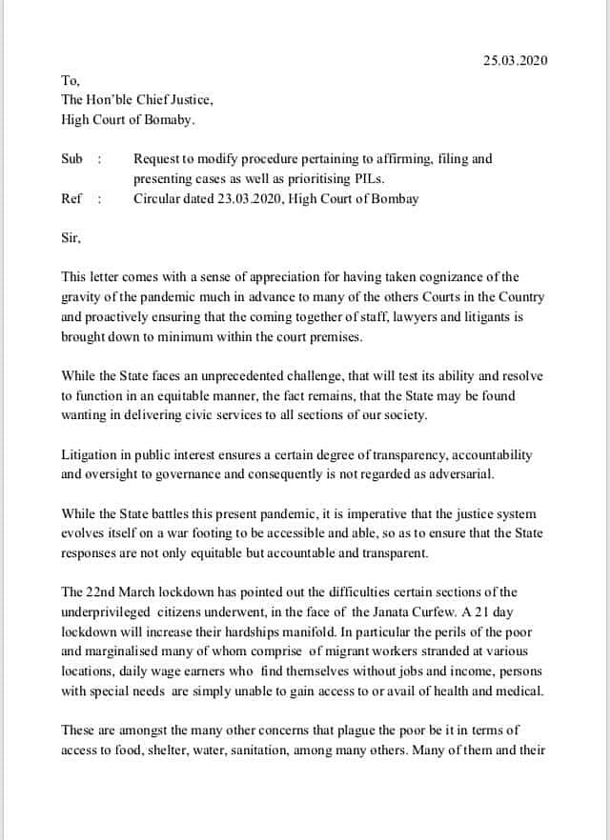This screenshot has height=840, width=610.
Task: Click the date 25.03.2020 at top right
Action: coord(516,61)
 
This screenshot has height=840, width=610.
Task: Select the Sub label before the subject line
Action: coord(71,159)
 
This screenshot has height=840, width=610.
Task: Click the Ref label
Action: coord(71,199)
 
